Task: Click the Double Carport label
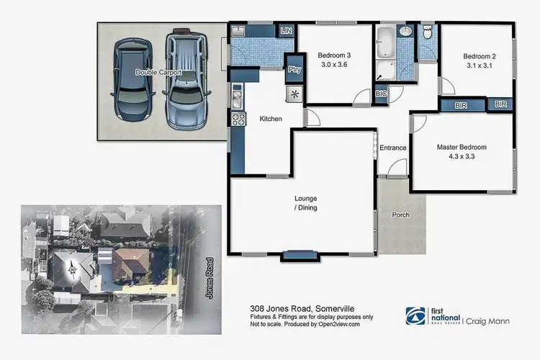(158, 73)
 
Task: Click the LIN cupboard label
(286, 31)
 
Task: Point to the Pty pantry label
(294, 70)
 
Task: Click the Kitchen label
(270, 119)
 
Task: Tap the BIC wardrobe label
(381, 94)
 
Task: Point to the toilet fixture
(427, 32)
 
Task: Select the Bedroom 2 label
(480, 55)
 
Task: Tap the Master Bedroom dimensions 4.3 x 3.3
(462, 156)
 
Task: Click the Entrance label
(393, 148)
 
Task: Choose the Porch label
(401, 215)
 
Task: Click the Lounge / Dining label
(305, 203)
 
